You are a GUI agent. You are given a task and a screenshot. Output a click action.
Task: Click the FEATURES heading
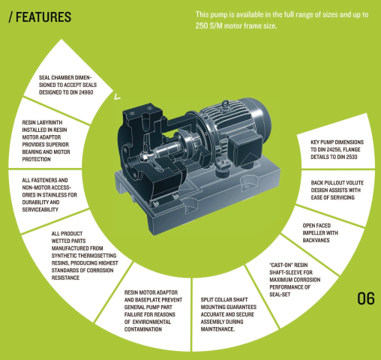(43, 17)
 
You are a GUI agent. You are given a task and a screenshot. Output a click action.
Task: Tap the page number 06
(366, 298)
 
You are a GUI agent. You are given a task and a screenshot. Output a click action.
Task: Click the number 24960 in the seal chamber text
(85, 92)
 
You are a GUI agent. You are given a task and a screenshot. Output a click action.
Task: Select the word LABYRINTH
(49, 122)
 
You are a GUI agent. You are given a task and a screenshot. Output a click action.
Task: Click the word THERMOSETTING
(97, 256)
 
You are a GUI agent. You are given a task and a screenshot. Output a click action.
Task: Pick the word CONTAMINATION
(143, 329)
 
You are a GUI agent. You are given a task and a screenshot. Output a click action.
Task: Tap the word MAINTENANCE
(217, 329)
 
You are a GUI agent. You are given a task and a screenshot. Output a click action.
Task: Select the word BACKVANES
(316, 240)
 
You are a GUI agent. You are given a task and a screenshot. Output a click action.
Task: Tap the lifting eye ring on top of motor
(225, 103)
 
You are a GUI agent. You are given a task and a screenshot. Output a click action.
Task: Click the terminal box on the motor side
(245, 148)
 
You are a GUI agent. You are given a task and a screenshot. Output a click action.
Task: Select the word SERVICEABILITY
(40, 209)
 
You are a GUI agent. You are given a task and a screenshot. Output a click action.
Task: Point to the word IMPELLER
(314, 232)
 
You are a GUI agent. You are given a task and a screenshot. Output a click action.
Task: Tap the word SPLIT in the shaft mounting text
(206, 299)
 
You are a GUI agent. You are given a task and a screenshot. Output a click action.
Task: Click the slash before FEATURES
(10, 17)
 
